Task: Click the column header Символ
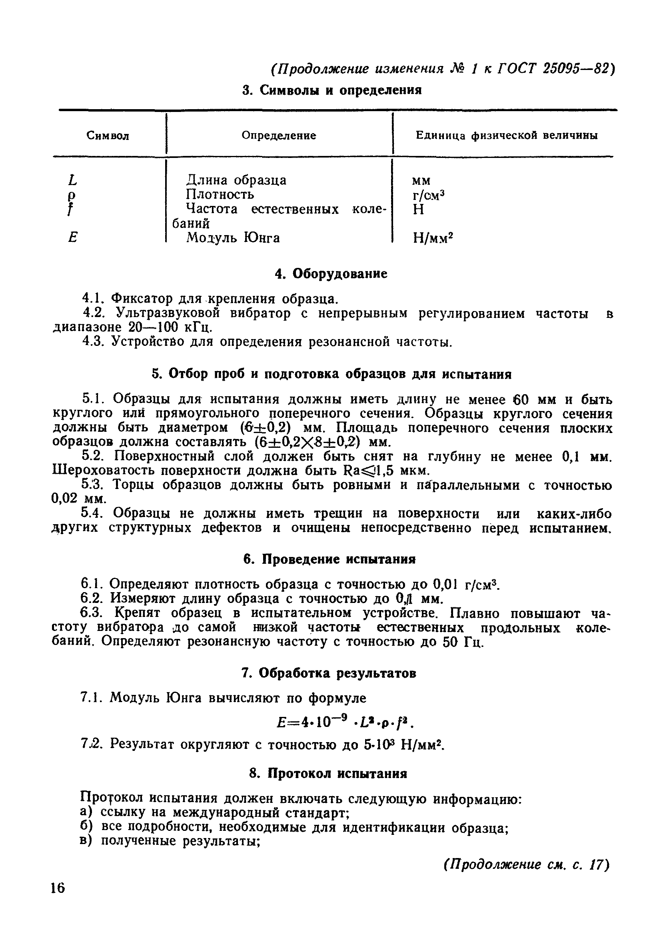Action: pos(108,136)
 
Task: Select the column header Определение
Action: pos(279,136)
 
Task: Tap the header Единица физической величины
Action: pos(506,136)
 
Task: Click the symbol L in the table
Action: pos(72,180)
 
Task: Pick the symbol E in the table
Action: pos(72,238)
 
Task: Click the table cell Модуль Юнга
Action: pos(233,238)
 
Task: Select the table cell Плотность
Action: pos(220,194)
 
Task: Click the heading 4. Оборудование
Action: pos(331,274)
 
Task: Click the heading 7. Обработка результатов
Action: pos(328,673)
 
